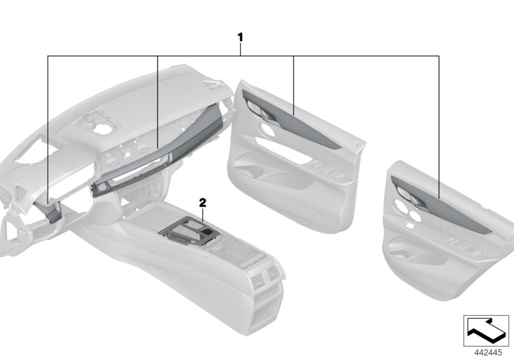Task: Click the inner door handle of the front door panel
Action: [x=260, y=114]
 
